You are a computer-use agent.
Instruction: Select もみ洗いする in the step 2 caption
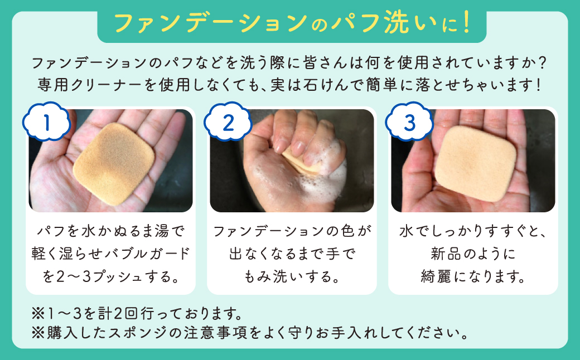[292, 276]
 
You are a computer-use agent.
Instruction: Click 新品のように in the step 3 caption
[472, 253]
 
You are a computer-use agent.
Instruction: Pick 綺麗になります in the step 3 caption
[472, 276]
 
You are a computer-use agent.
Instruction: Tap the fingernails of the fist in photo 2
[296, 146]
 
